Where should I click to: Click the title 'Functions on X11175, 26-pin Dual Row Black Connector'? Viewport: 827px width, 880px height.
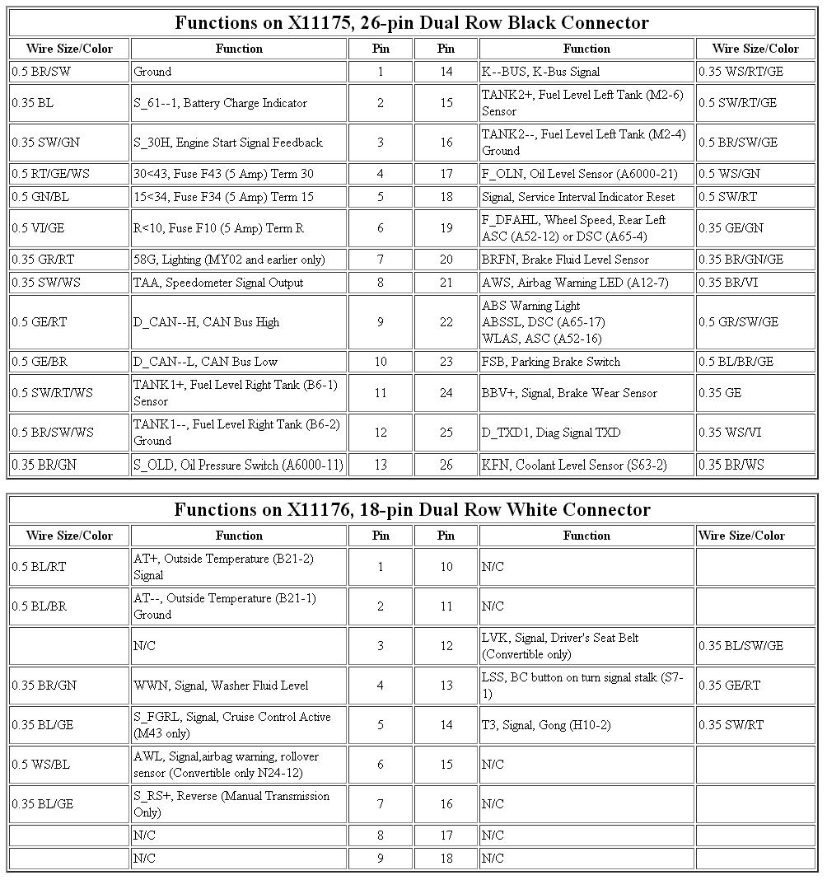412,23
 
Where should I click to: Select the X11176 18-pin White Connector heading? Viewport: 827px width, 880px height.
412,510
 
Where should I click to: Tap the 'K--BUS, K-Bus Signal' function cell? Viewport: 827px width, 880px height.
586,72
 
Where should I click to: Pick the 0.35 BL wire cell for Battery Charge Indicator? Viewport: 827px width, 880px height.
69,103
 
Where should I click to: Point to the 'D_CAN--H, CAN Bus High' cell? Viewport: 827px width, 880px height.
239,322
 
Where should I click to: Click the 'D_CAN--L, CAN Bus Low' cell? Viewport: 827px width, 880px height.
239,362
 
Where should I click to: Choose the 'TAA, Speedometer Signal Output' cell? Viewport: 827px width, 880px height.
239,283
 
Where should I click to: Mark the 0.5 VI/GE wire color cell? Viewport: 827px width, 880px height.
69,228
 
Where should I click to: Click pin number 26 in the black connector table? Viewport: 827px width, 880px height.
446,465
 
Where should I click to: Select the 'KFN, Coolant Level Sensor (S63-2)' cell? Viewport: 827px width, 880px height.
586,465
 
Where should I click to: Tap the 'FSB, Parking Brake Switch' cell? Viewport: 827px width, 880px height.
586,362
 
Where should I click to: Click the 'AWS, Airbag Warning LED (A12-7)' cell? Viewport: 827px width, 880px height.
586,283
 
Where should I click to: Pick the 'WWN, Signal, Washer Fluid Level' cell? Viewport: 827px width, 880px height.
239,686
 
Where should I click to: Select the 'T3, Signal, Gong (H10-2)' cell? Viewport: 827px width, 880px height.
586,725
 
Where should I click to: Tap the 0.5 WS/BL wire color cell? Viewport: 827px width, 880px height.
69,765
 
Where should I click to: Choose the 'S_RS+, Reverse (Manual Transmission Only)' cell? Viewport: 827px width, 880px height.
239,804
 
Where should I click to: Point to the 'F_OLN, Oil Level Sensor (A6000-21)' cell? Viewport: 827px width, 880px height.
586,174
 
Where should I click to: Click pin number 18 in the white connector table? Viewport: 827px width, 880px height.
446,859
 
